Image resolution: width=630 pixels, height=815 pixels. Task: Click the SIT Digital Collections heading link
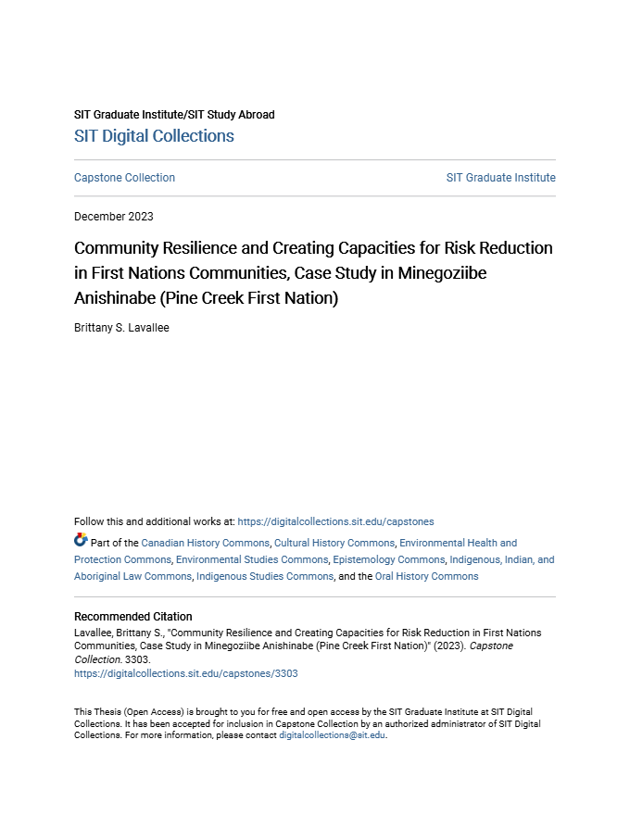click(x=154, y=136)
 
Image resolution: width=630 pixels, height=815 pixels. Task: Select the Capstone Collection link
click(x=124, y=178)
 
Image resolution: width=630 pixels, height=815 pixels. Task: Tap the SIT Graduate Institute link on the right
click(x=500, y=178)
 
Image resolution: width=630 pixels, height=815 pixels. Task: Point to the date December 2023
click(x=114, y=217)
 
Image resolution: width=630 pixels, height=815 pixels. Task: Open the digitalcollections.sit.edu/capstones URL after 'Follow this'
click(x=335, y=521)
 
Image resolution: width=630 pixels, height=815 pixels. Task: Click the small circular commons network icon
click(x=81, y=540)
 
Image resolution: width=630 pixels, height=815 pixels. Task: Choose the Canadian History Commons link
click(x=205, y=543)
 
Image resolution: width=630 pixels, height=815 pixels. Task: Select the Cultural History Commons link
click(x=334, y=543)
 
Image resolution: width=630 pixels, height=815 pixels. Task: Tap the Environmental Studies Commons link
click(x=252, y=559)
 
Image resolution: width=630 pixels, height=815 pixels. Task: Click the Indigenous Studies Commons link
click(x=265, y=576)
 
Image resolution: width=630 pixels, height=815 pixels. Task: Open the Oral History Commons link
click(x=426, y=576)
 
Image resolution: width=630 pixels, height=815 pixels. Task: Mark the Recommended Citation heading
click(x=133, y=616)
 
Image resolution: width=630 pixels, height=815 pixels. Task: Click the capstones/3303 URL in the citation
click(x=186, y=674)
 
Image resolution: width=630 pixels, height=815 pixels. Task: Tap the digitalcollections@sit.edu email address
click(x=332, y=735)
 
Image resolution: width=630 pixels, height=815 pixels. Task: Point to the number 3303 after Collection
click(x=135, y=660)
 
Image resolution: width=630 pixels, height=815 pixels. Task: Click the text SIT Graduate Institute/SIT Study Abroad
click(x=174, y=115)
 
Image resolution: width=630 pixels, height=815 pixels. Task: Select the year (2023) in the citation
click(x=446, y=646)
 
